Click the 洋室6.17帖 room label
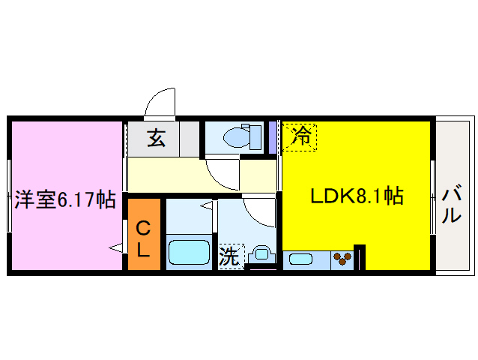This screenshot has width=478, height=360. point(64,199)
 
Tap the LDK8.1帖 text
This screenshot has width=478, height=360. point(357,196)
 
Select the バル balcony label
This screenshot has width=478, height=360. point(451,205)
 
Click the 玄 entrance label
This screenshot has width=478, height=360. point(155,138)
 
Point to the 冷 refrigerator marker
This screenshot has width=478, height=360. point(300,136)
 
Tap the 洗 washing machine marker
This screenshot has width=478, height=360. point(229,256)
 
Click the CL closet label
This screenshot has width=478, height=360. point(144,238)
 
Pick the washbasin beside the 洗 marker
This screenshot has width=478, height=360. point(260,253)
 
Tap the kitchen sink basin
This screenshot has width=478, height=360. point(301,259)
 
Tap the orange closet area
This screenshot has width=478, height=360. point(144,233)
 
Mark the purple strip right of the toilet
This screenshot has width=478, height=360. point(273,136)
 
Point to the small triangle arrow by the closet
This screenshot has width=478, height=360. point(116,247)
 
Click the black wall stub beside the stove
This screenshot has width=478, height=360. point(360,257)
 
